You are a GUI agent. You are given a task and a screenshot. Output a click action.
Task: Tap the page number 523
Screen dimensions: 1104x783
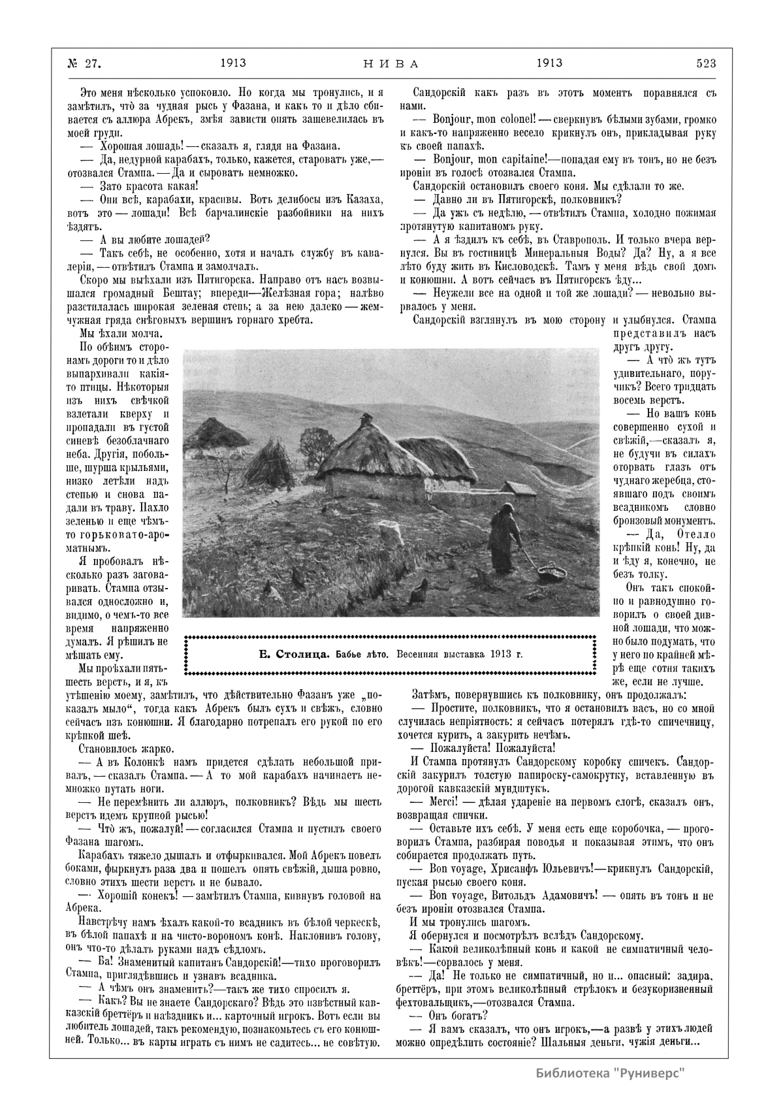coord(706,63)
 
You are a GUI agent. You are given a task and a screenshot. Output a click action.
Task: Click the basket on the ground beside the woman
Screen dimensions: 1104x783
coord(551,573)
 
